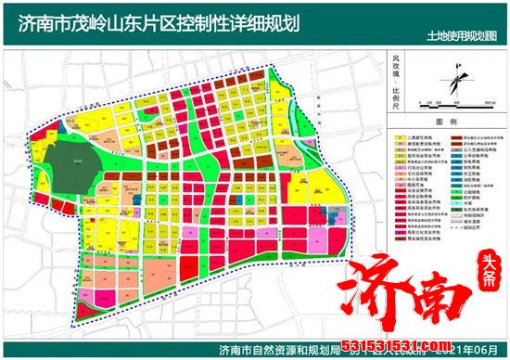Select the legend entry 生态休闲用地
(475, 210)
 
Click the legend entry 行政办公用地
(414, 168)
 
